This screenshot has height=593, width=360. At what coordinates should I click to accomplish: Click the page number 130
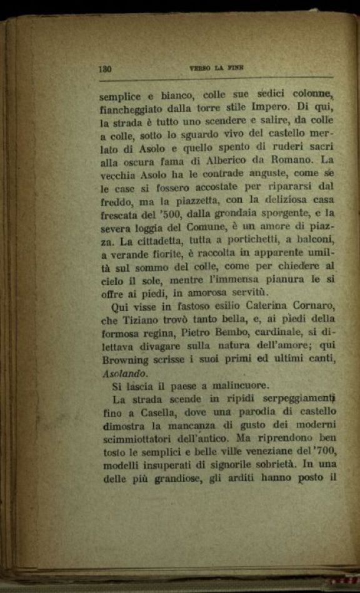click(104, 69)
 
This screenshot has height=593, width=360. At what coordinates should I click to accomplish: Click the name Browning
click(124, 360)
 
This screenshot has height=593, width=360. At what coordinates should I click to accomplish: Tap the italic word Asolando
click(124, 373)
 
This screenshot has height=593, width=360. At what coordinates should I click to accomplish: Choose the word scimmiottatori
click(139, 439)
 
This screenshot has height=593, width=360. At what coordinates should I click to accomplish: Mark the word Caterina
click(254, 306)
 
